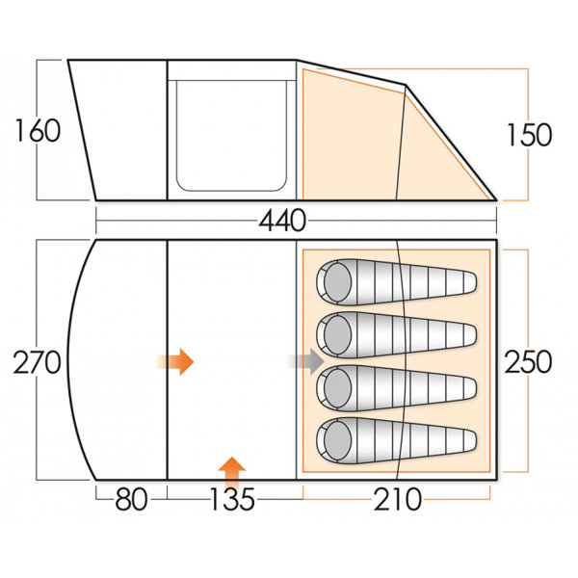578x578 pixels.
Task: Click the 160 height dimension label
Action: tap(38, 130)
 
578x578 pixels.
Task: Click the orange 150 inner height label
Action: tap(529, 135)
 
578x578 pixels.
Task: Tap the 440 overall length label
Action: tap(282, 221)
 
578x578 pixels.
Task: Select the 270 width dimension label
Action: tap(37, 362)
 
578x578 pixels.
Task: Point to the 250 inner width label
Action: tap(528, 361)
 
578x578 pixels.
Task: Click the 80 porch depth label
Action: tap(132, 499)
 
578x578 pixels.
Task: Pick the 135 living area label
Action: tap(232, 499)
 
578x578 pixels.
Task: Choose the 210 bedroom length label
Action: tap(397, 499)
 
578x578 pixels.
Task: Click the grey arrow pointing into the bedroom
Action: tap(306, 361)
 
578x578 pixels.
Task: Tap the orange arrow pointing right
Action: tap(175, 361)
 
